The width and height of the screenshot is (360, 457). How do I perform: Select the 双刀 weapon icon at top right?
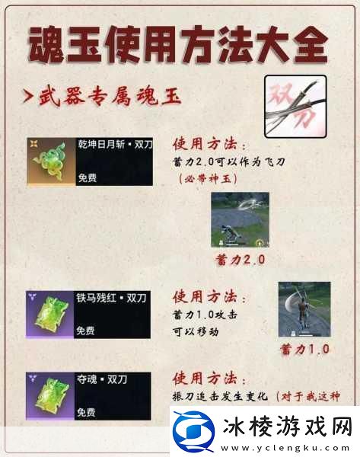click(x=295, y=106)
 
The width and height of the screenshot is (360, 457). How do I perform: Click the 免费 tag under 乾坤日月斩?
click(x=86, y=177)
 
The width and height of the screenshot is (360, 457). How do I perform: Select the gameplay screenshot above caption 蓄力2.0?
click(x=240, y=219)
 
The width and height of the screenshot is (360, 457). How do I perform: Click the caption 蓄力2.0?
click(x=240, y=259)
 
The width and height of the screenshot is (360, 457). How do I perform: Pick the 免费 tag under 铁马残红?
click(x=86, y=330)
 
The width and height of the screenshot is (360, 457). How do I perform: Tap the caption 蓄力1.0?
click(x=304, y=350)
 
